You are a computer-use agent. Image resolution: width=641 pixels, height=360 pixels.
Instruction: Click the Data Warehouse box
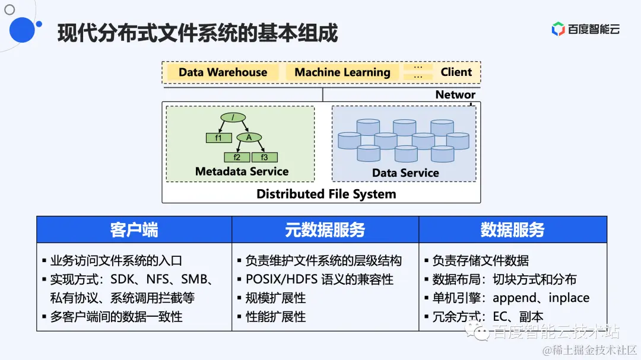(223, 72)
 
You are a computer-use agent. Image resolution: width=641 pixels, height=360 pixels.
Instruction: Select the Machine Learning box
(342, 72)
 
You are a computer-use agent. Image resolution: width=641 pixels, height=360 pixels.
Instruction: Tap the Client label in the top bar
(456, 72)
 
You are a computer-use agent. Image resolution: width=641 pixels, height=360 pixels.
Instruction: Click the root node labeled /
(234, 117)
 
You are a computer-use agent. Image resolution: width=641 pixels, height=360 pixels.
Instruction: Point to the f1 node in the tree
(218, 138)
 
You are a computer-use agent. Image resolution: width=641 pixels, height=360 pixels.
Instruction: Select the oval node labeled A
(249, 138)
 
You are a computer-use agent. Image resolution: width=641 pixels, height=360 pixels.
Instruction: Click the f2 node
(237, 157)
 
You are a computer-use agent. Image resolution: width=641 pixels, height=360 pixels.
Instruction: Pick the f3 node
(265, 157)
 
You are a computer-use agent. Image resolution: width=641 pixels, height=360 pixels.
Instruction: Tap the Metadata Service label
(242, 171)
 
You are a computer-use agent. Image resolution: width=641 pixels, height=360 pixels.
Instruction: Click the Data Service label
(405, 173)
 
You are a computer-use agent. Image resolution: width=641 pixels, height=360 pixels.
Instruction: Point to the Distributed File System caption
(326, 194)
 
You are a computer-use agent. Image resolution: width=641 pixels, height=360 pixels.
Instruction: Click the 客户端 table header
(134, 230)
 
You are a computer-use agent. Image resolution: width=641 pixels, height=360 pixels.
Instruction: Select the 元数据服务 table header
(325, 230)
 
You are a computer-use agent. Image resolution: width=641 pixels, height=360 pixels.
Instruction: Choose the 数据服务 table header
(512, 230)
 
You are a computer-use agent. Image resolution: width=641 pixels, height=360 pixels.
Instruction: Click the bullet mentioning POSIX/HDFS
(319, 279)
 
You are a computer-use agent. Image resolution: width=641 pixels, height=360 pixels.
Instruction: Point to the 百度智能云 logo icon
(558, 29)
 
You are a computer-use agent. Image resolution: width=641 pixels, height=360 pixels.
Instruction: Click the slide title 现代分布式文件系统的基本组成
(198, 33)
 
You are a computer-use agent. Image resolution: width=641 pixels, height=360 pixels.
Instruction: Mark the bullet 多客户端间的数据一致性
(116, 317)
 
